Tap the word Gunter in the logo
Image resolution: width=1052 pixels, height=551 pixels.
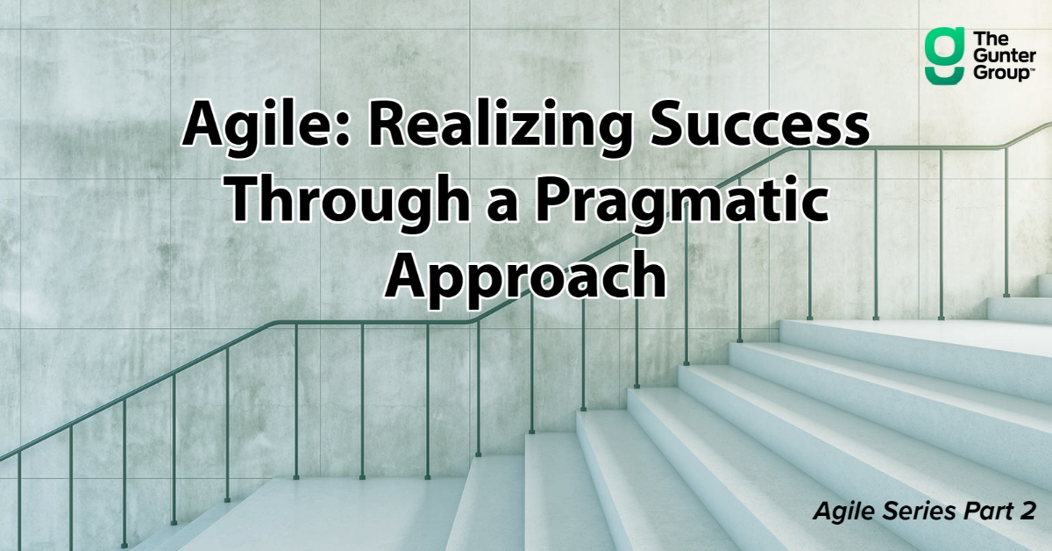coord(999,57)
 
